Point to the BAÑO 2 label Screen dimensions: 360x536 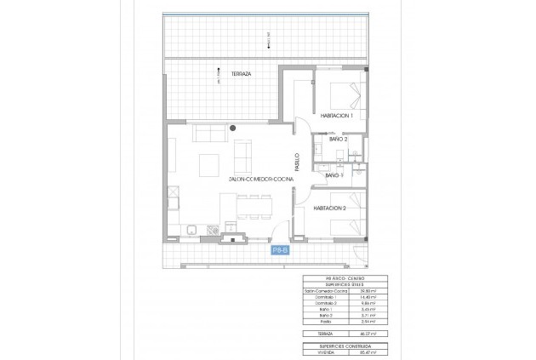(x=338, y=139)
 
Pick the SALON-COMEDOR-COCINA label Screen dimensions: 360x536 (x=261, y=180)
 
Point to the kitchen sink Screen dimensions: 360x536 (x=193, y=230)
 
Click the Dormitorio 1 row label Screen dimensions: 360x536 (x=316, y=298)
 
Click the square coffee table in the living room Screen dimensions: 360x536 (x=207, y=162)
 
